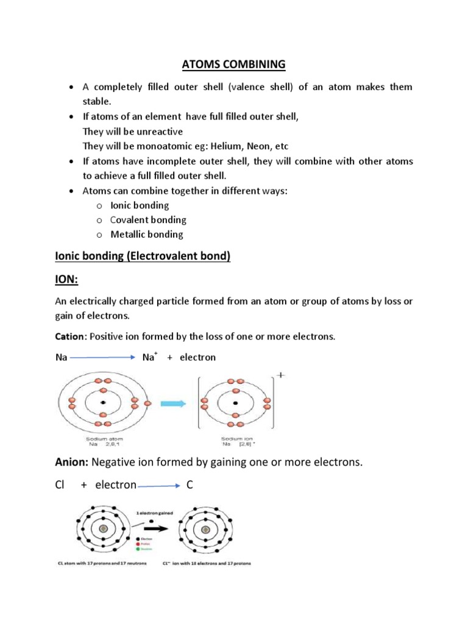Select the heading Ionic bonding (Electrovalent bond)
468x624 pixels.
(143, 257)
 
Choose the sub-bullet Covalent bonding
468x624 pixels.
(148, 219)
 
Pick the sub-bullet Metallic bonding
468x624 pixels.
(146, 234)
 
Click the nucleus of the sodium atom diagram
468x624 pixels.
(104, 403)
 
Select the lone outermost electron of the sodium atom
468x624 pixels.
(147, 403)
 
